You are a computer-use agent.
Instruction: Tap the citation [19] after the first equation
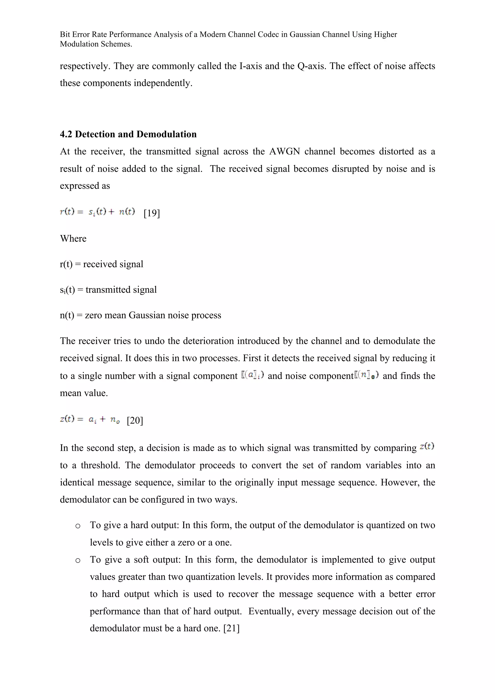click(x=152, y=213)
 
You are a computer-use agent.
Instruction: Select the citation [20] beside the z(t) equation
click(x=135, y=421)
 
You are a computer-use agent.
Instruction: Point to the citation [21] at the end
click(x=232, y=628)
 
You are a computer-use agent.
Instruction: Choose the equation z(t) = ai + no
click(x=90, y=420)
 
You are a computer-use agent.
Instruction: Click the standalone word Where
click(x=73, y=238)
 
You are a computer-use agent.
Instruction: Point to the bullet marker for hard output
click(x=78, y=526)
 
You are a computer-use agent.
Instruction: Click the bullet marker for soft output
click(x=78, y=560)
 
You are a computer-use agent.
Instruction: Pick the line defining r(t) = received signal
click(x=102, y=264)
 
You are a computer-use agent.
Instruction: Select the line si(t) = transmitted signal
click(x=108, y=290)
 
